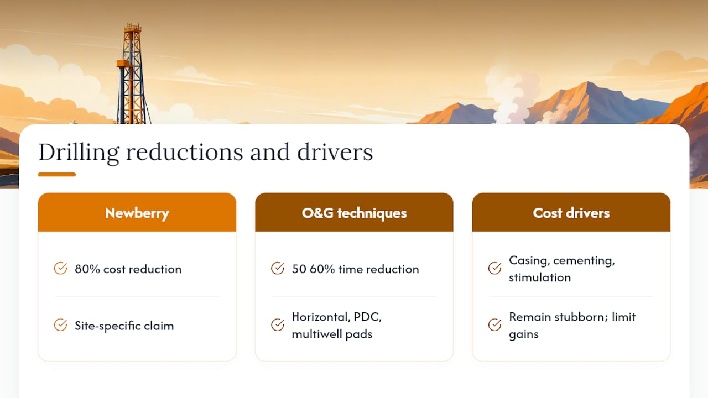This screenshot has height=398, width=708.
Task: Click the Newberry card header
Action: tap(137, 212)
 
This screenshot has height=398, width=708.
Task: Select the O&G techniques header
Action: tap(354, 212)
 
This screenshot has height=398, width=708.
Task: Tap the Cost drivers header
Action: tap(571, 212)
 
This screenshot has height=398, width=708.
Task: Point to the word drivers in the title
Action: tap(335, 152)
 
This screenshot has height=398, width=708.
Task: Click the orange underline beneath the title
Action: tap(57, 174)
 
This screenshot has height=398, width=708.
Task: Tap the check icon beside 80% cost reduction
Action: tap(60, 269)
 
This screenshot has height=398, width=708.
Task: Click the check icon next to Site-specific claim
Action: tap(60, 324)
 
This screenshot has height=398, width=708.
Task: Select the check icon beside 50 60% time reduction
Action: tap(278, 269)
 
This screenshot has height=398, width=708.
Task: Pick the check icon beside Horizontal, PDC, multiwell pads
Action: tap(278, 324)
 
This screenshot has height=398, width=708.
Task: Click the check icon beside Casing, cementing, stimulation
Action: tap(494, 269)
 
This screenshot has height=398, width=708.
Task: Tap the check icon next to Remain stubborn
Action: tap(494, 324)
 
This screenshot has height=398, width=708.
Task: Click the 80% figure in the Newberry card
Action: tap(87, 269)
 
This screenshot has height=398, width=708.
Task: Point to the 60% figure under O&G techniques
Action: tap(322, 269)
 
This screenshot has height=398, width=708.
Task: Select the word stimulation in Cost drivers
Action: tap(540, 277)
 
